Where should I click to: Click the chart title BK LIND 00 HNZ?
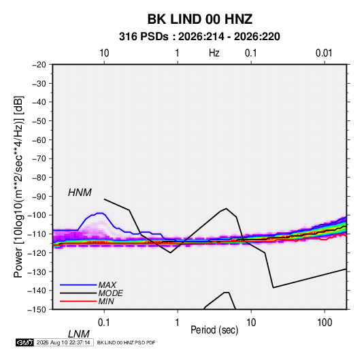(199, 19)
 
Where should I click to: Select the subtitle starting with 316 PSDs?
(199, 37)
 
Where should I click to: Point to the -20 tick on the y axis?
(39, 65)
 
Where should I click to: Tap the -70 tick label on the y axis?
(39, 159)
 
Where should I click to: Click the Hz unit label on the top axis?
(214, 53)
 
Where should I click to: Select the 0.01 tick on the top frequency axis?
(324, 53)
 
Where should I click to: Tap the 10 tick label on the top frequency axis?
(104, 53)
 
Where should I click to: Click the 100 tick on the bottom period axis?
(325, 323)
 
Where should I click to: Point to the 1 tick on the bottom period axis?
(178, 323)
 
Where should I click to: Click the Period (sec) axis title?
(214, 330)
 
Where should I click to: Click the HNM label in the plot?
(80, 193)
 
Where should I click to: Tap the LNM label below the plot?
(78, 334)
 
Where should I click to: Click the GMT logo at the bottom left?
(25, 342)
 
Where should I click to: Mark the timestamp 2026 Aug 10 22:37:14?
(63, 342)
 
